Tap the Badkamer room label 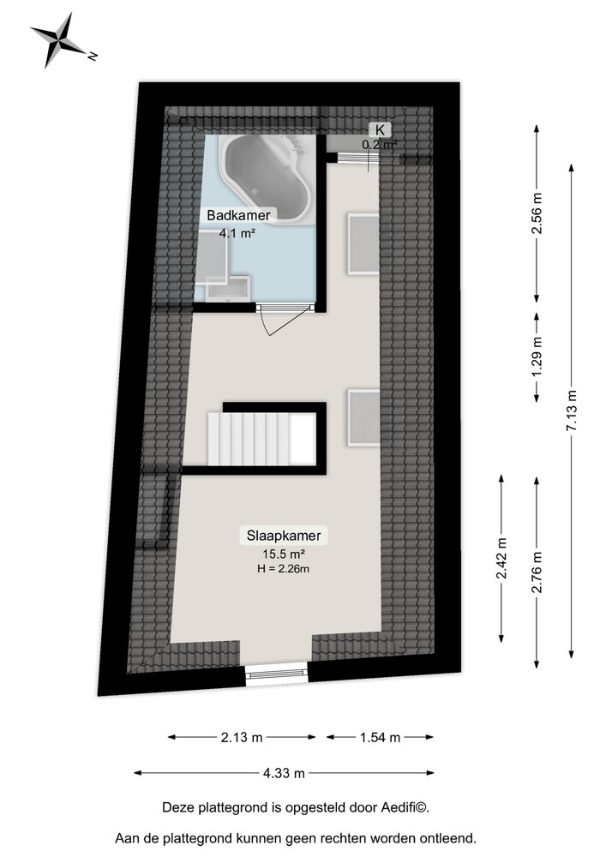point(233,215)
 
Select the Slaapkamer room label point(284,536)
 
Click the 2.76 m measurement point(537,572)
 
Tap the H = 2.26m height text point(284,569)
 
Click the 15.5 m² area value point(284,554)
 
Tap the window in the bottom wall point(275,674)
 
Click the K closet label point(378,129)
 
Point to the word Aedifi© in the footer point(404,807)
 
